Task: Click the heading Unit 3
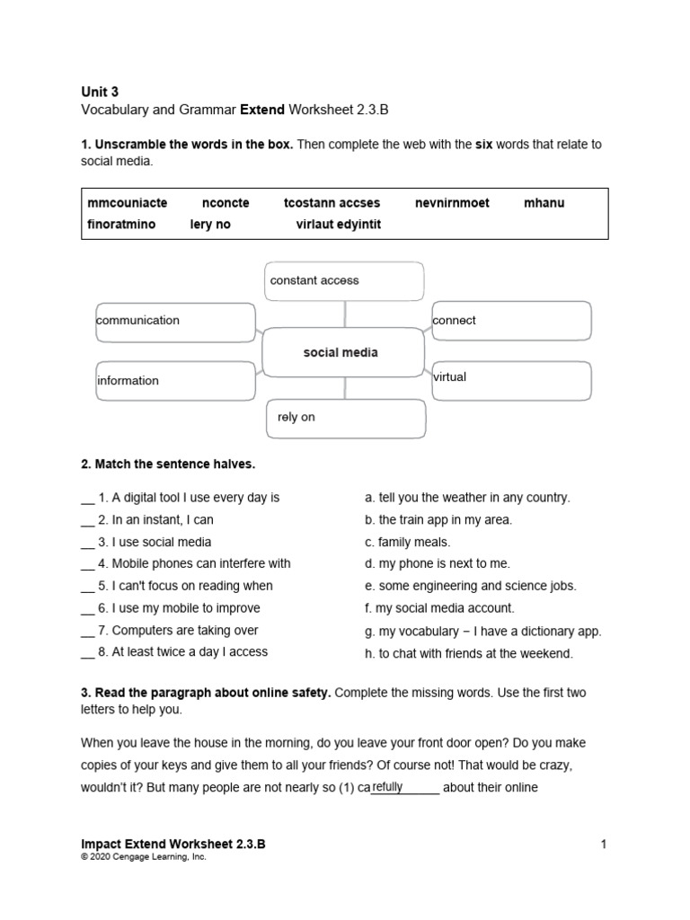coord(99,92)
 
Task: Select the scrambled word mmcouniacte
coord(121,203)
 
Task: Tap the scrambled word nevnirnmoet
coord(452,203)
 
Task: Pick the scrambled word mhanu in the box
coord(544,203)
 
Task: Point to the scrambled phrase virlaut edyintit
coord(339,225)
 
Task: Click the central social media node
coord(341,352)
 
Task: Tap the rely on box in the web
coord(346,418)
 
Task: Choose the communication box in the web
coord(175,322)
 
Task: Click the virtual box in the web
coord(511,380)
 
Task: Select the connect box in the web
coord(511,321)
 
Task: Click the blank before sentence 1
coord(87,498)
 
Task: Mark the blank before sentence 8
coord(87,652)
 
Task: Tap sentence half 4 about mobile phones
coord(193,563)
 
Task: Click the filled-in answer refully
coord(387,787)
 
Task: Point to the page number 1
coord(605,845)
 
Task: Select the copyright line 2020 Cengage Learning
coord(144,857)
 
